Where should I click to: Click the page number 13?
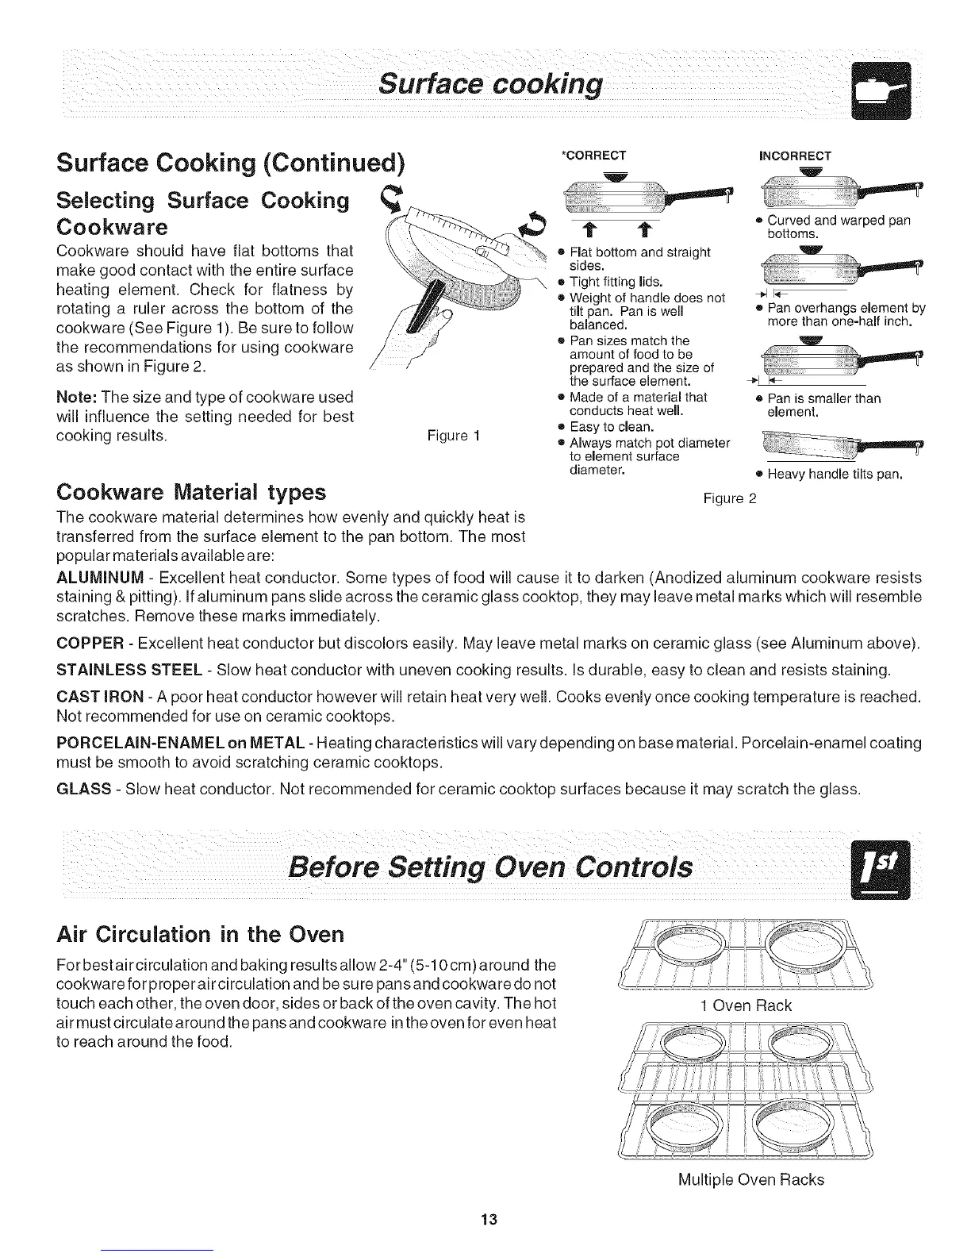coord(487,1220)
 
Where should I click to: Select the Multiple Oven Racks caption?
coord(751,1179)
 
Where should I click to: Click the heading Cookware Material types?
coord(191,493)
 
